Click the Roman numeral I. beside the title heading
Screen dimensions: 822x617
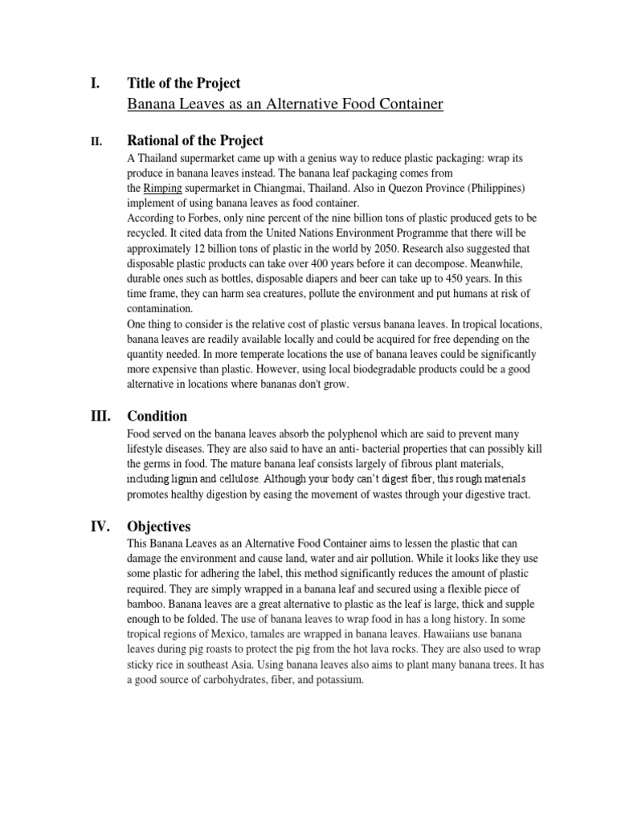coord(93,83)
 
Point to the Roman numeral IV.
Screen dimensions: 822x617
coord(98,527)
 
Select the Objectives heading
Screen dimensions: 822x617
coord(159,527)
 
